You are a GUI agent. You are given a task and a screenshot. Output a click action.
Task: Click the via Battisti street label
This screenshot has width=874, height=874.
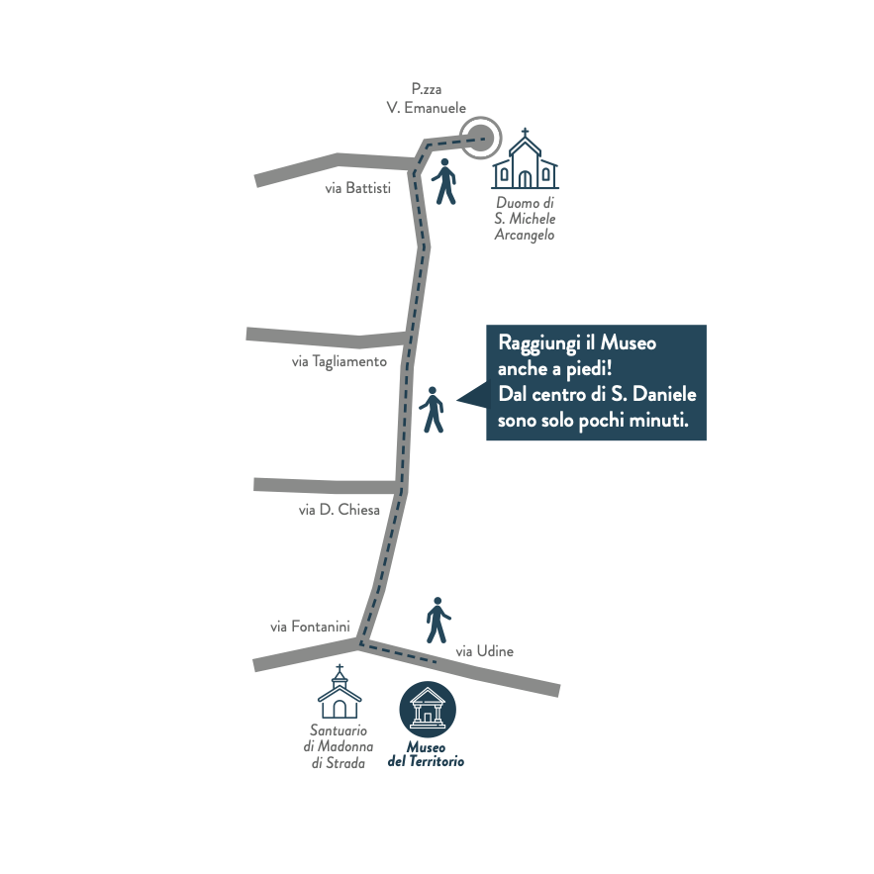[358, 188]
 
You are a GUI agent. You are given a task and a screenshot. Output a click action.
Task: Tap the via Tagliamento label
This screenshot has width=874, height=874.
[339, 362]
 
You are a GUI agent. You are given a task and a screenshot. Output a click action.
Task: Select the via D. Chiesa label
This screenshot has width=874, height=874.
[340, 510]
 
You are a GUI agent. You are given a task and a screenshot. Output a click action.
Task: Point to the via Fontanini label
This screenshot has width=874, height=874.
[310, 627]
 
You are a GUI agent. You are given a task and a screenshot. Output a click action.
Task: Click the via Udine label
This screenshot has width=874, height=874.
[484, 651]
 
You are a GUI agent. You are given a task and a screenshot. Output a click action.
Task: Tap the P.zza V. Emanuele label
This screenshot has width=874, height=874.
[426, 99]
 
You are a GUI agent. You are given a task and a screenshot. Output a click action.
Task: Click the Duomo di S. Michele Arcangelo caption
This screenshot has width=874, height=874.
[525, 219]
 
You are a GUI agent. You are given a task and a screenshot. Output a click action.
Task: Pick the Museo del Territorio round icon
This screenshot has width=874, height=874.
[428, 709]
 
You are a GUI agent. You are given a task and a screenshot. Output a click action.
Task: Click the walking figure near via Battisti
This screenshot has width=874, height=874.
[443, 181]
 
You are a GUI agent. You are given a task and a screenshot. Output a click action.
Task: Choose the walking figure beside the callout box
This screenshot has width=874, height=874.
[433, 409]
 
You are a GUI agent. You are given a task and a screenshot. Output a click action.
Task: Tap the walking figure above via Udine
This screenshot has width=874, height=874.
[437, 621]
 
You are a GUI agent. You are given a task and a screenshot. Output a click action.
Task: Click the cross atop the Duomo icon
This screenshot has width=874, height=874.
[525, 133]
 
